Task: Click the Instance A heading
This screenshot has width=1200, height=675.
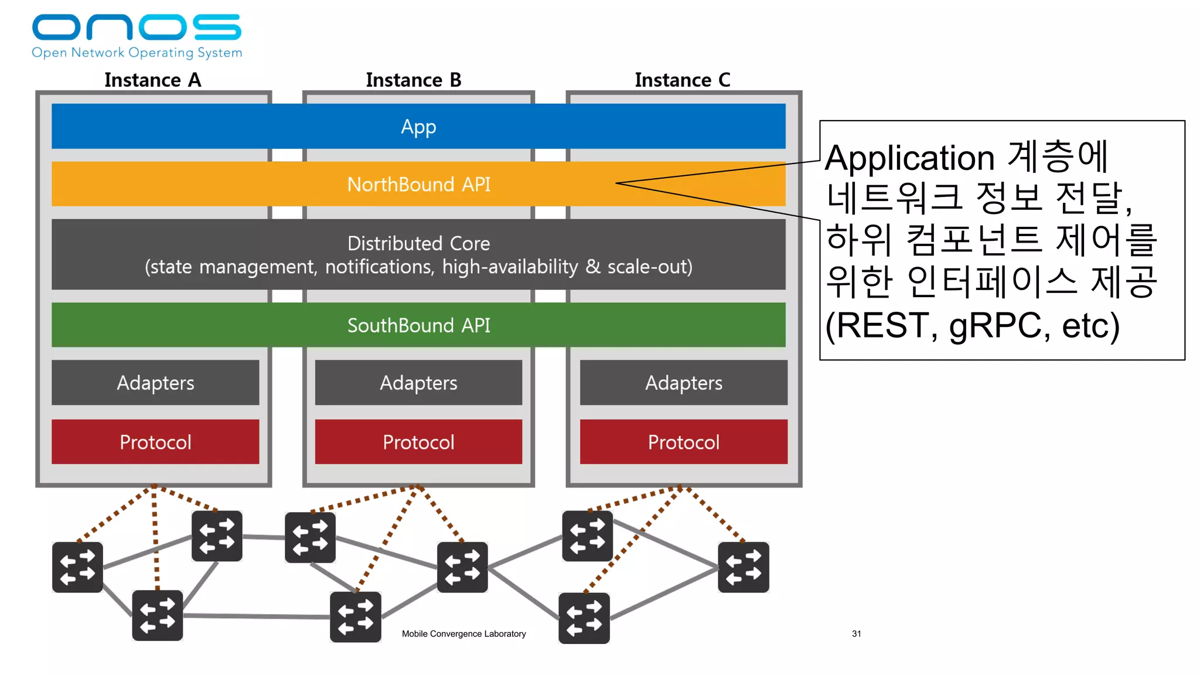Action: pyautogui.click(x=152, y=80)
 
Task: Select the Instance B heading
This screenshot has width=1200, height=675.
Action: pyautogui.click(x=414, y=80)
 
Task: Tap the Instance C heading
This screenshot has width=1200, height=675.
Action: pyautogui.click(x=683, y=80)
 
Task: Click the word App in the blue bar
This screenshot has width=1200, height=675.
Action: pyautogui.click(x=418, y=127)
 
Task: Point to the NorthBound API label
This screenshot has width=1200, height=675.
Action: pyautogui.click(x=418, y=185)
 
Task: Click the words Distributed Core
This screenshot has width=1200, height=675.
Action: pyautogui.click(x=418, y=243)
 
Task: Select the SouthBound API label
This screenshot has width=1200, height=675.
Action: pyautogui.click(x=418, y=325)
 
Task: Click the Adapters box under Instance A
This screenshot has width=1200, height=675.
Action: pyautogui.click(x=155, y=383)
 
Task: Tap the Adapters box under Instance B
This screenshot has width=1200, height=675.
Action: pyautogui.click(x=418, y=383)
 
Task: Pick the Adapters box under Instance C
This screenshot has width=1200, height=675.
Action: pyautogui.click(x=683, y=383)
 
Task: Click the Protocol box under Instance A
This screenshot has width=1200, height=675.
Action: pyautogui.click(x=155, y=442)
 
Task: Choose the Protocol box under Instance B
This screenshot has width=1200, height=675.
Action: pyautogui.click(x=418, y=442)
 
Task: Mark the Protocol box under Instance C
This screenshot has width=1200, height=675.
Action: pyautogui.click(x=683, y=442)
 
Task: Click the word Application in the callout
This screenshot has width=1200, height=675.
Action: pyautogui.click(x=909, y=158)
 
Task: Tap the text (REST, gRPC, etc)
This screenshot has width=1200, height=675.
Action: pyautogui.click(x=973, y=326)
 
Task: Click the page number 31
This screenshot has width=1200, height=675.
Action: pyautogui.click(x=856, y=633)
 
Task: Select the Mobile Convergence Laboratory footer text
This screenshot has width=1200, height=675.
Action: pyautogui.click(x=463, y=633)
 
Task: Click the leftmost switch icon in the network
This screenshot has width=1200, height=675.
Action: pyautogui.click(x=77, y=567)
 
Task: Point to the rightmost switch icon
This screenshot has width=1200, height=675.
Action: pyautogui.click(x=743, y=567)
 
